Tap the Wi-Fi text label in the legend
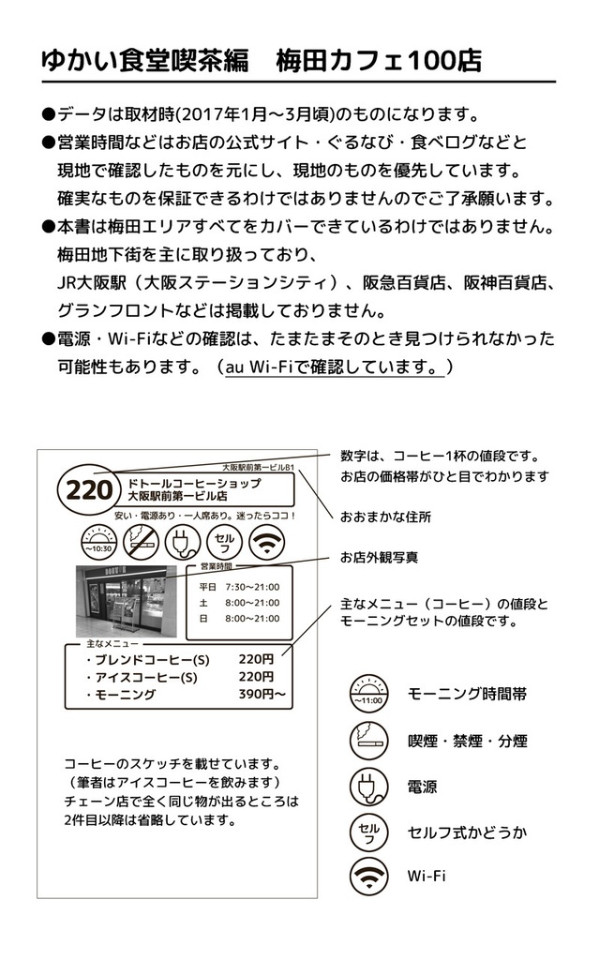tap(427, 876)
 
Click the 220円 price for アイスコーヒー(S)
tap(256, 676)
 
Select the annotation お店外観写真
tap(379, 558)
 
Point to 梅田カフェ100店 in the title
tap(379, 61)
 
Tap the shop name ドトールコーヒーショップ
tap(193, 482)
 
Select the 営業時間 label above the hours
tap(216, 566)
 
